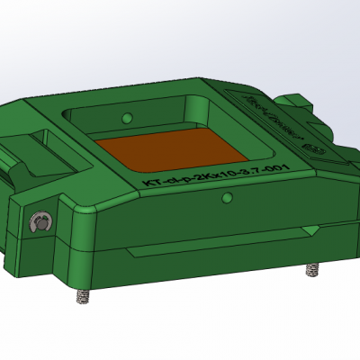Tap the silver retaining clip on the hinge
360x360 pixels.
tap(40, 223)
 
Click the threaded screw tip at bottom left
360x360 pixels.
tap(83, 296)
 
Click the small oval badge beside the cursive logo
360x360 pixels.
tap(313, 141)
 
